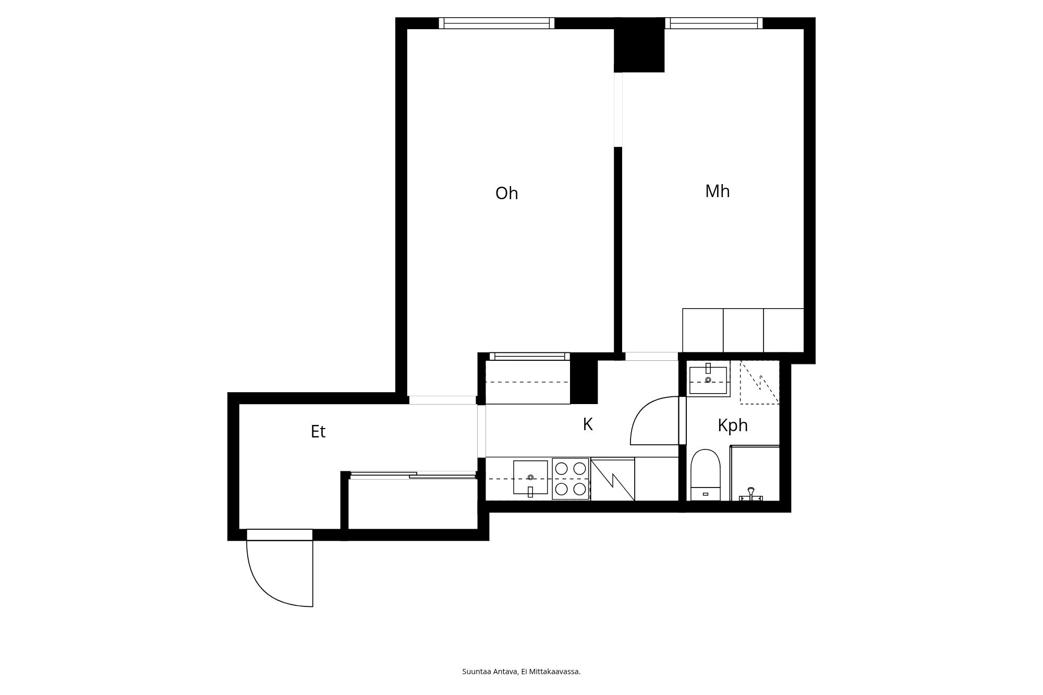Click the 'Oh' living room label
[506, 193]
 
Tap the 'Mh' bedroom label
[717, 191]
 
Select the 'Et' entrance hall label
[318, 432]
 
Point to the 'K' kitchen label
[588, 424]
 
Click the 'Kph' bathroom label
[733, 425]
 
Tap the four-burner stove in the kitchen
[571, 479]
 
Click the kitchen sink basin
[530, 477]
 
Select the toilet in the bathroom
[705, 474]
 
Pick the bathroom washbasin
[708, 380]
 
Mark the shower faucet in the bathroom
[751, 494]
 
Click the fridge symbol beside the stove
[613, 479]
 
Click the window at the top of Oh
[496, 23]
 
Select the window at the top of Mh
[713, 23]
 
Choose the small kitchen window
[529, 357]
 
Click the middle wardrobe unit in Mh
[743, 330]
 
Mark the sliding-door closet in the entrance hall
[413, 501]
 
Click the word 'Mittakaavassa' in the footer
[554, 672]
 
